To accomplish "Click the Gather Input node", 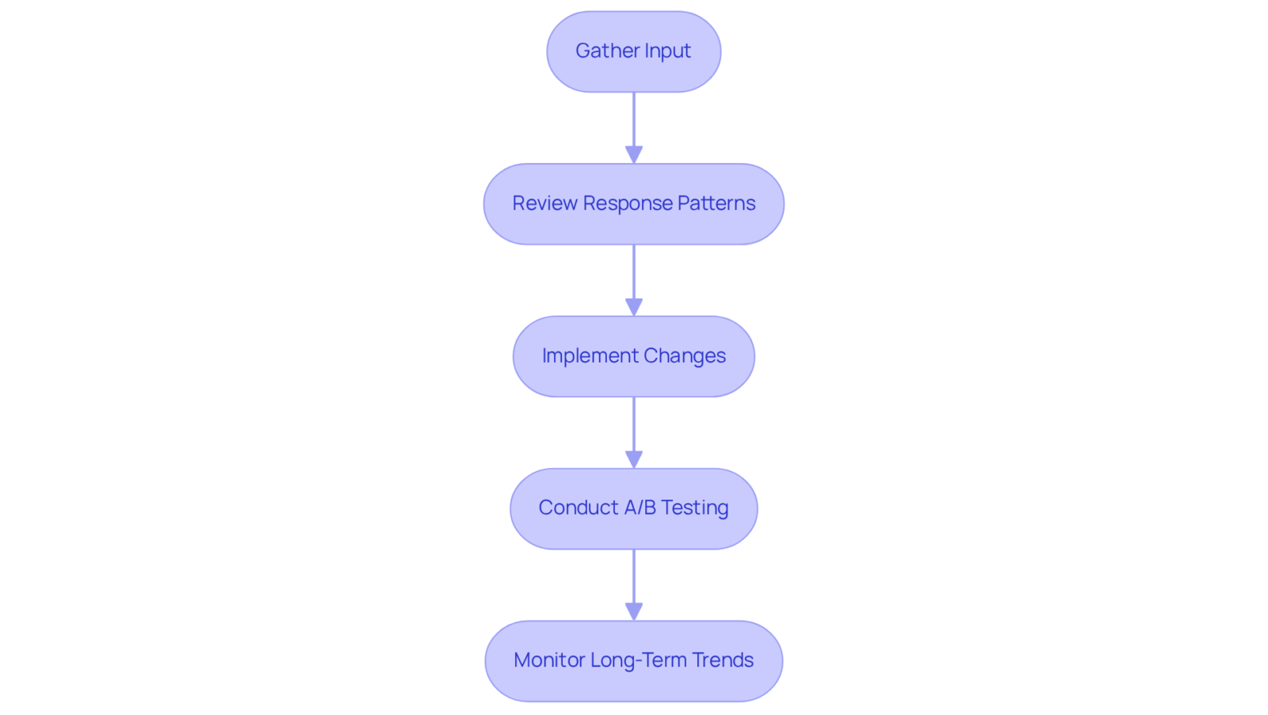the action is pos(633,51).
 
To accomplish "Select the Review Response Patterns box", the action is pos(633,204).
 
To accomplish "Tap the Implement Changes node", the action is pos(633,356).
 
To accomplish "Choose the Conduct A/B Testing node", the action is pos(633,508).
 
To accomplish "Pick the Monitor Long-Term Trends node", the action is pos(633,661).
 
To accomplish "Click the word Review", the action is pos(544,203).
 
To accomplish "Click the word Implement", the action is pos(590,356).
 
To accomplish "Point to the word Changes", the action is pos(685,356).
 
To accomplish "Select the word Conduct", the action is pos(579,508).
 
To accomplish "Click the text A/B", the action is pos(640,508).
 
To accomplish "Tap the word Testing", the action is pos(695,508).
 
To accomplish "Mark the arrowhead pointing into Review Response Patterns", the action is pos(634,155).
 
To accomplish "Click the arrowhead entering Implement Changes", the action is pos(634,307).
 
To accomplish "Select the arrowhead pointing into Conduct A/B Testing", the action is pos(634,459).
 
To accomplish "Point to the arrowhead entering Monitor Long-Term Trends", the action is pos(634,612).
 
